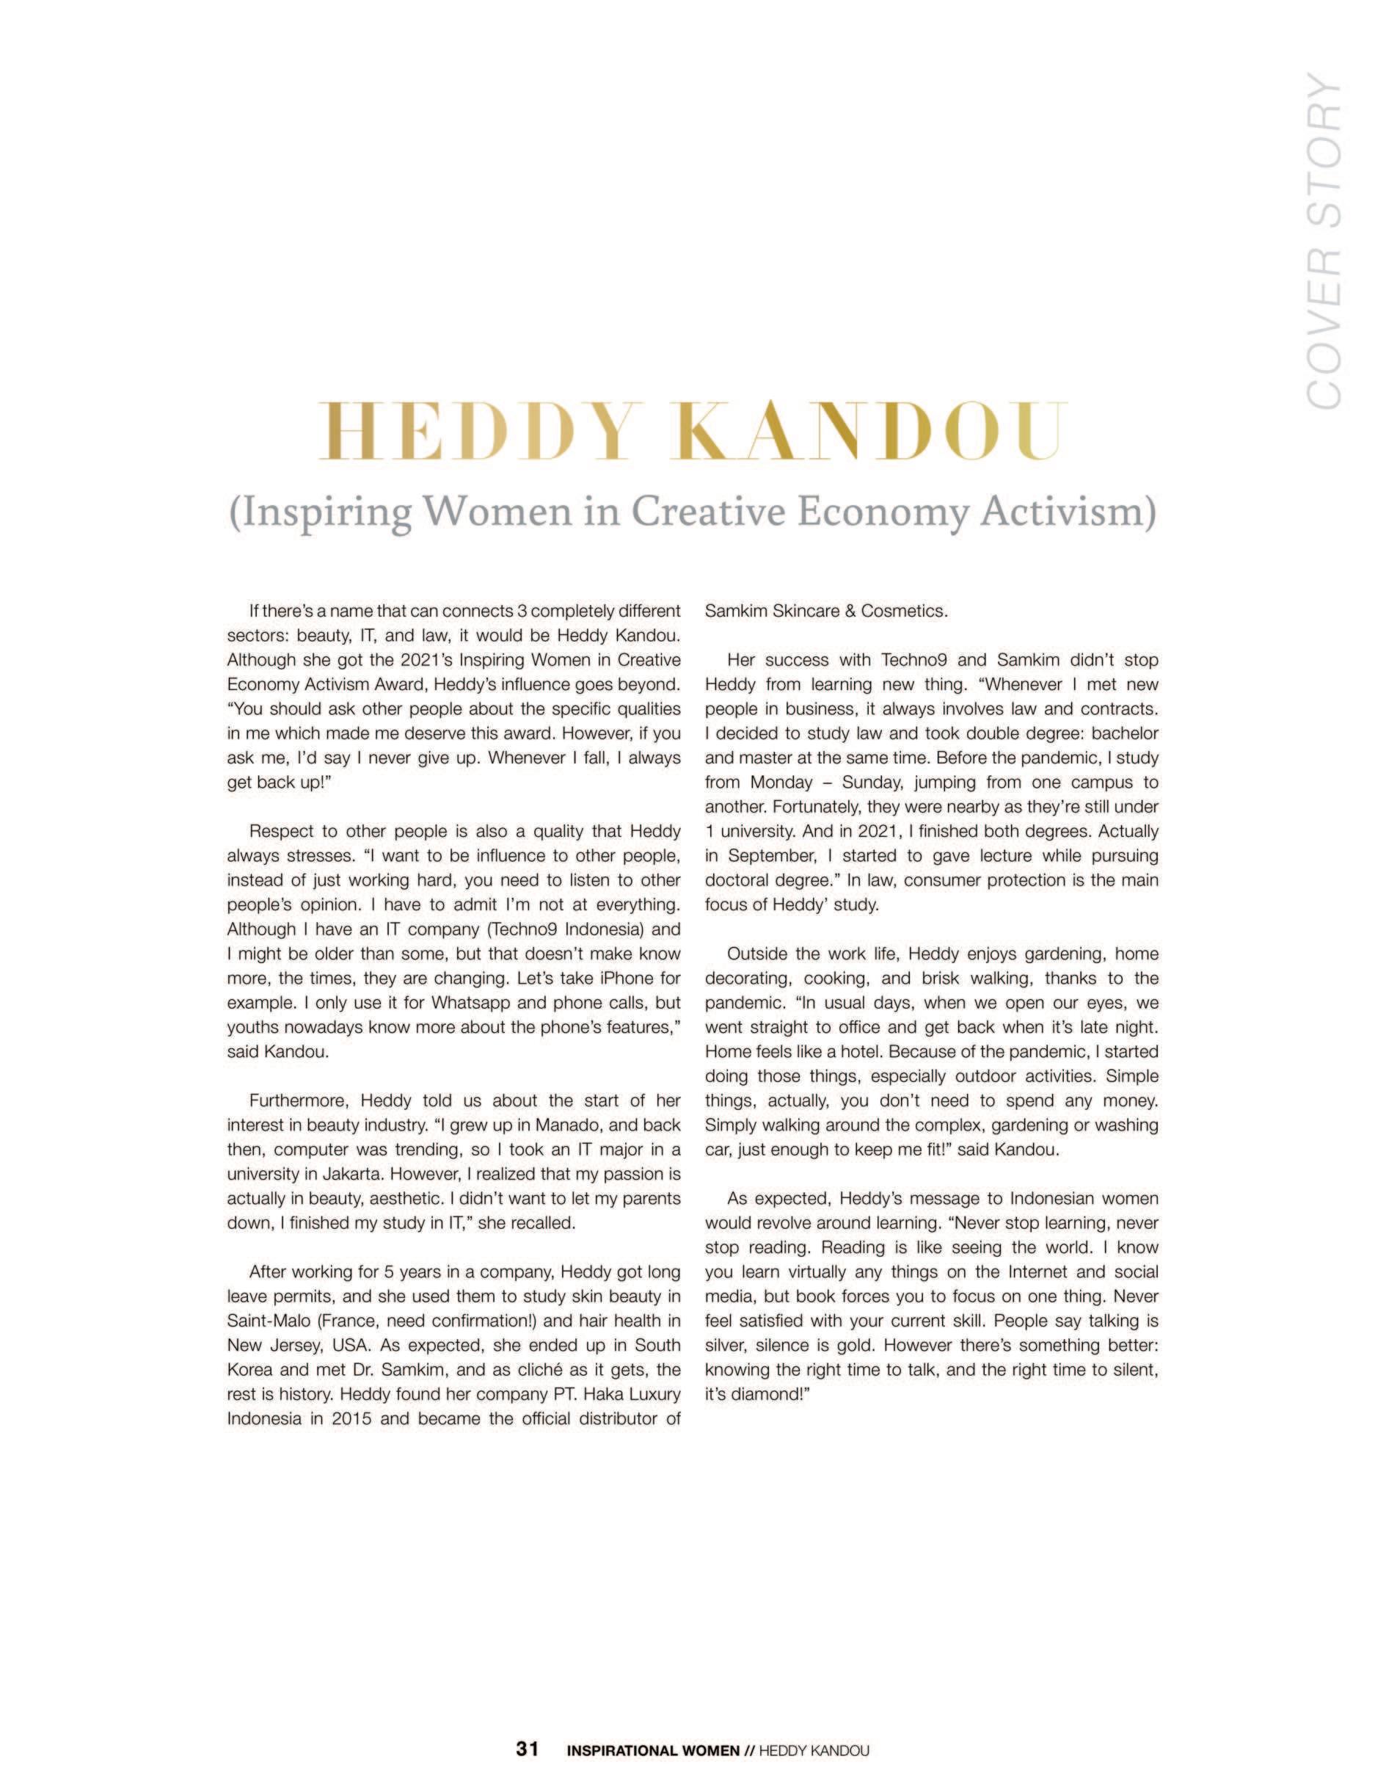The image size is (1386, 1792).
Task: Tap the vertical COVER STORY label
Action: pyautogui.click(x=1322, y=240)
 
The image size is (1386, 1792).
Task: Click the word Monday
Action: pyautogui.click(x=781, y=782)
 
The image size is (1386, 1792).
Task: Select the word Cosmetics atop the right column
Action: pyautogui.click(x=905, y=612)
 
